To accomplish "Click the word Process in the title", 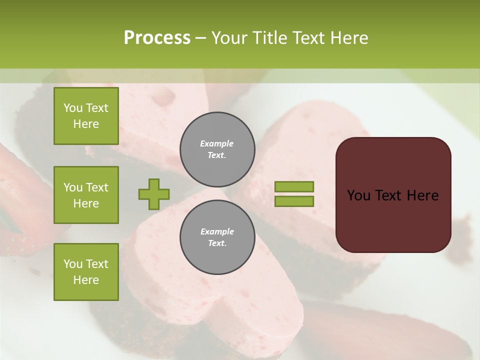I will coord(157,38).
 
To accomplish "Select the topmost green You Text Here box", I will coord(86,116).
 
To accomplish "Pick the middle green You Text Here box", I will coord(86,195).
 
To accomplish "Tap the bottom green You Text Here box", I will coord(86,272).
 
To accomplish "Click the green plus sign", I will coord(154,194).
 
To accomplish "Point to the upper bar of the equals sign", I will coord(294,186).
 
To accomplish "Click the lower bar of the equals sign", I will coord(294,201).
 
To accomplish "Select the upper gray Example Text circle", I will coord(217,149).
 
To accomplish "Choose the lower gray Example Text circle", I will coord(217,237).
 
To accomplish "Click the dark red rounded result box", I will coord(393,195).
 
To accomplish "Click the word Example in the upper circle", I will coord(217,144).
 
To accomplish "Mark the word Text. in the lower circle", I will coord(217,243).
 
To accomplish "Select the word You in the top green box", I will coord(72,108).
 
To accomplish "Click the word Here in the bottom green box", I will coord(86,280).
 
